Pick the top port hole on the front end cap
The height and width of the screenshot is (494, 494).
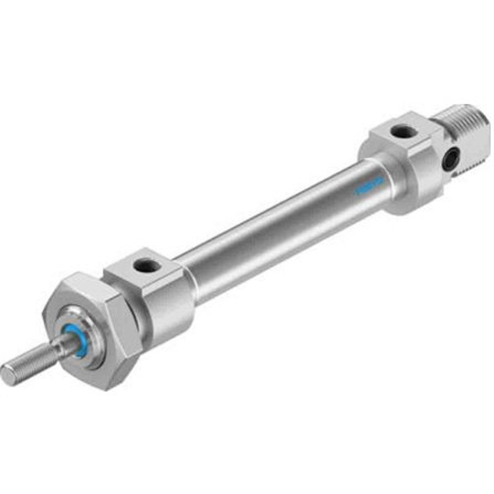(x=147, y=266)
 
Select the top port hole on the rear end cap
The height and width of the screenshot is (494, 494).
(x=403, y=131)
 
